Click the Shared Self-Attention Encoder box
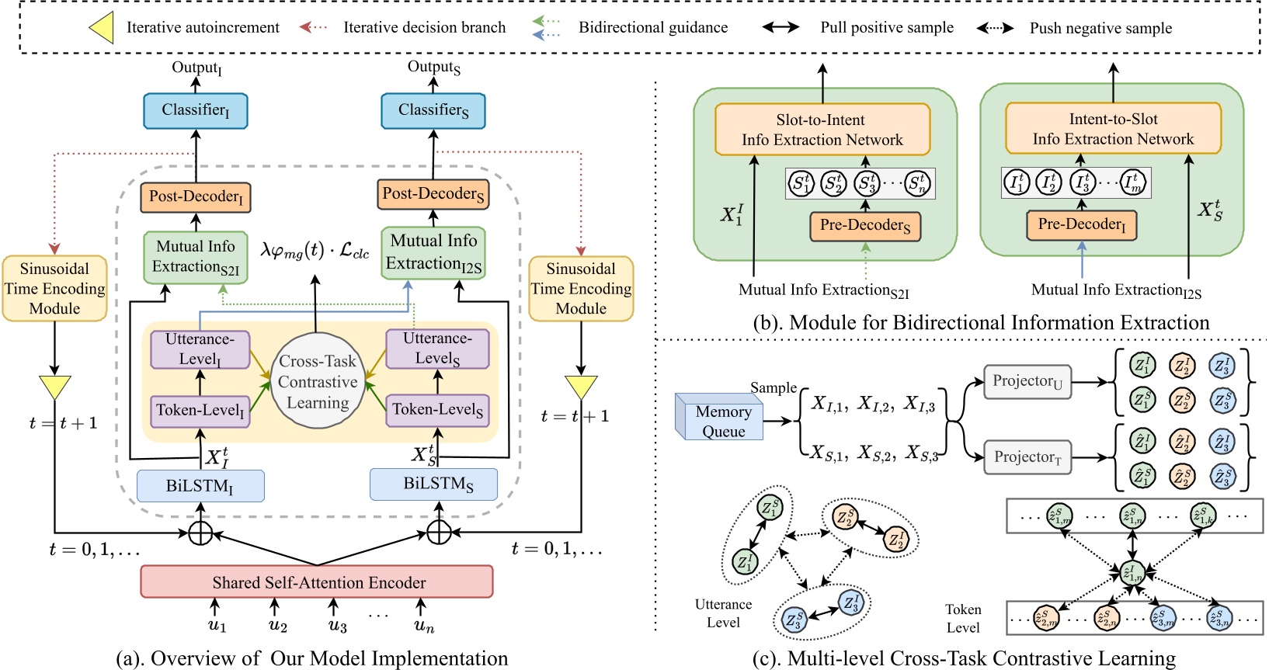tap(317, 581)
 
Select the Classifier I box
tap(196, 111)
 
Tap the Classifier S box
tap(433, 111)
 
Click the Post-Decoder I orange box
tap(196, 197)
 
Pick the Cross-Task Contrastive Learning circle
tap(318, 381)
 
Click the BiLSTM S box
tap(438, 484)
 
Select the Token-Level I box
tap(200, 411)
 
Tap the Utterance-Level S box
tap(437, 349)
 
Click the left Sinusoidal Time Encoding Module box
tap(54, 288)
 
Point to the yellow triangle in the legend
tap(103, 27)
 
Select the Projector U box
tap(1027, 381)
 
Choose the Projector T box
tap(1027, 457)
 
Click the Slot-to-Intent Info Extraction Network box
tap(822, 130)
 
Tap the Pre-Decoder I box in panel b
tap(1081, 225)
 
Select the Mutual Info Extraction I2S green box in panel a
tap(433, 253)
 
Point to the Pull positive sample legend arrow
tap(781, 27)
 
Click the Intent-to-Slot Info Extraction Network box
tap(1113, 129)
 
